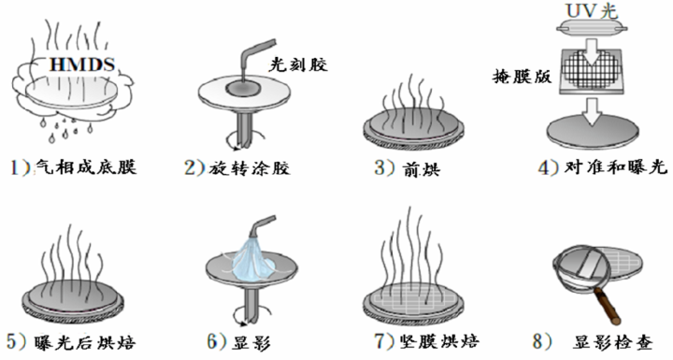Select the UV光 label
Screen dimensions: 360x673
pos(591,10)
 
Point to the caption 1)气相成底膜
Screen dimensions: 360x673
pos(70,168)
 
